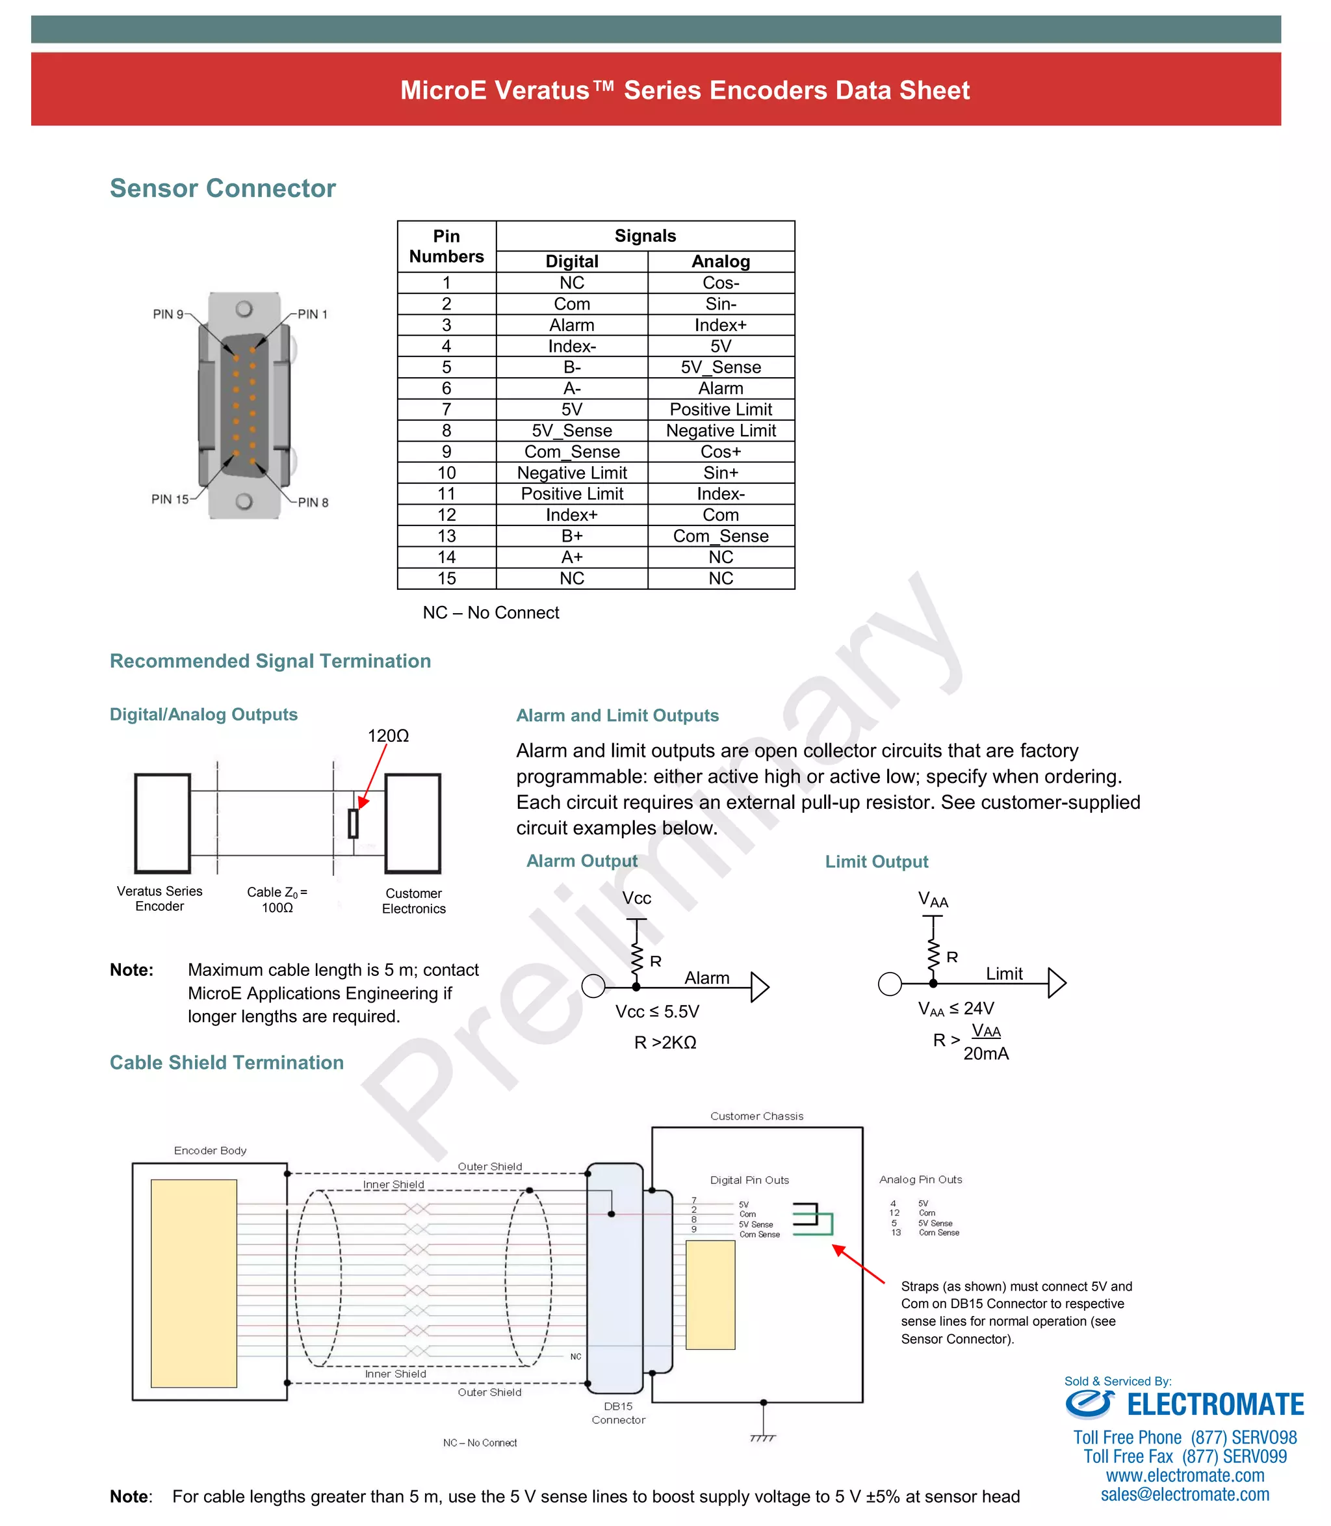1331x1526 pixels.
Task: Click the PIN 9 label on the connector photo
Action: pyautogui.click(x=168, y=314)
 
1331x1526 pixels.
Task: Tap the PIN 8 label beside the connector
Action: pyautogui.click(x=313, y=502)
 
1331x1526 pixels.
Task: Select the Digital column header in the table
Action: pyautogui.click(x=571, y=261)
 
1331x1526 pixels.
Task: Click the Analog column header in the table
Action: pyautogui.click(x=721, y=261)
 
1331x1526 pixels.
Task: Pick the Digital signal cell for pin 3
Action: pyautogui.click(x=571, y=325)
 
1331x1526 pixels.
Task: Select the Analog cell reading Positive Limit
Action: pyautogui.click(x=721, y=410)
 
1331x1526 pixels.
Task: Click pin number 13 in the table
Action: pyautogui.click(x=446, y=536)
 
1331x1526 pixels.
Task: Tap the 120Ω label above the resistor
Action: pyautogui.click(x=388, y=735)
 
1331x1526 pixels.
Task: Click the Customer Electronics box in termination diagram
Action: pyautogui.click(x=413, y=823)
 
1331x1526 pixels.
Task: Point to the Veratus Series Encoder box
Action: pyautogui.click(x=162, y=823)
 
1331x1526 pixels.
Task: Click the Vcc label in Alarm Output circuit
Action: pyautogui.click(x=636, y=898)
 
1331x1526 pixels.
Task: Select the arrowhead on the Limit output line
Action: pyautogui.click(x=1057, y=983)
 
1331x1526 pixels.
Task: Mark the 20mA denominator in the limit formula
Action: pyautogui.click(x=986, y=1053)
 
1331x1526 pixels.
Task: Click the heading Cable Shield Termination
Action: pyautogui.click(x=227, y=1062)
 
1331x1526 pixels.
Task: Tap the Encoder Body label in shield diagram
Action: pyautogui.click(x=210, y=1150)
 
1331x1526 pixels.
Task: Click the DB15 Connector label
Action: pyautogui.click(x=618, y=1412)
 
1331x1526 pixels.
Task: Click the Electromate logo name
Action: pyautogui.click(x=1215, y=1404)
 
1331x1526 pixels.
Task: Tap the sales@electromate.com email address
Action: pyautogui.click(x=1185, y=1494)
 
